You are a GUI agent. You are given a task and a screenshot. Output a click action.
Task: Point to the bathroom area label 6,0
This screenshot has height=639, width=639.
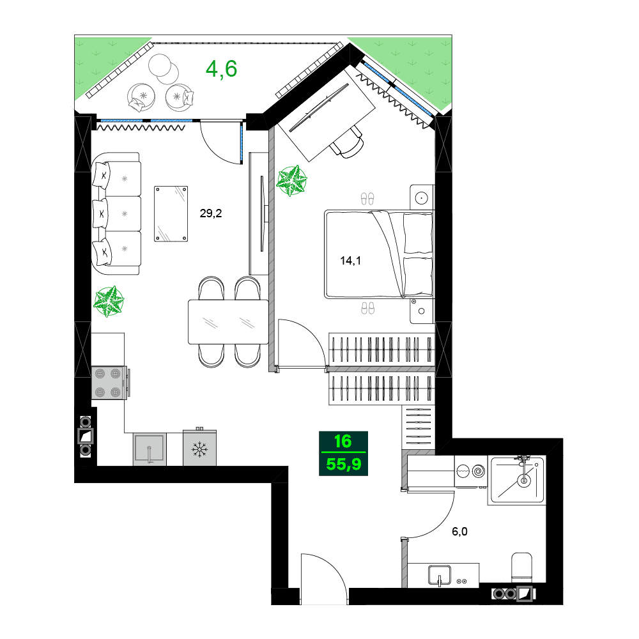click(459, 531)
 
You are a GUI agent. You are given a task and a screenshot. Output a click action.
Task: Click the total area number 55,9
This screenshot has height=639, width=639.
click(344, 464)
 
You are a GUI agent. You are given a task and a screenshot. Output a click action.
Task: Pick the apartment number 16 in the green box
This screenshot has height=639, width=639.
click(343, 442)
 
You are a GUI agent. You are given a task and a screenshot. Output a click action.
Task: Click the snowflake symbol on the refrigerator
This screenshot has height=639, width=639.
click(200, 450)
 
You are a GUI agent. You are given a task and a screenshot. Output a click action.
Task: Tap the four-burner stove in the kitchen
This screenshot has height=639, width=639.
click(107, 383)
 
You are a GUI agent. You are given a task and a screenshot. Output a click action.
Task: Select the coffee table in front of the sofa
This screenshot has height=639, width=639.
click(171, 213)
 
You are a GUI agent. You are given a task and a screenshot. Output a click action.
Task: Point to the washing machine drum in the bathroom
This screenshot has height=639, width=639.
click(477, 472)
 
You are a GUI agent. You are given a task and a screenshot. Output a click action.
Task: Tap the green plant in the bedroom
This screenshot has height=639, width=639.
click(291, 180)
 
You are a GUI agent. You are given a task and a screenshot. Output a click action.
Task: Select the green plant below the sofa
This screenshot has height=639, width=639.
click(109, 302)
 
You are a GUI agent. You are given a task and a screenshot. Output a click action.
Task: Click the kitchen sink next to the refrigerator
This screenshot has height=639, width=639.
click(150, 449)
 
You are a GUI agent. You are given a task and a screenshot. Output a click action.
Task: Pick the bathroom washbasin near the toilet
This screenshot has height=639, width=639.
click(440, 574)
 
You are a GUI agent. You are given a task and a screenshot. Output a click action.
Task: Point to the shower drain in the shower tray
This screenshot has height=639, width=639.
click(524, 479)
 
